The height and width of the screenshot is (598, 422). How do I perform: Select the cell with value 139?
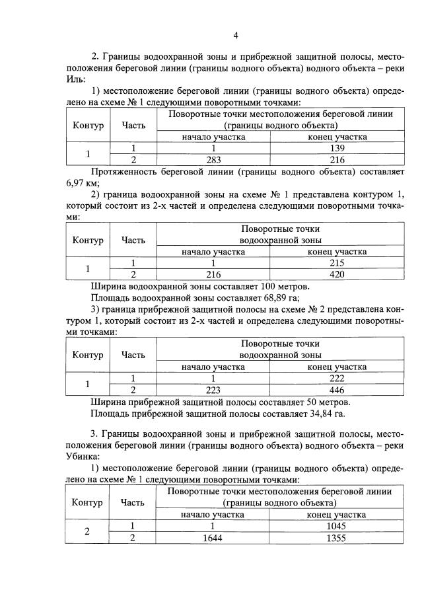coord(337,149)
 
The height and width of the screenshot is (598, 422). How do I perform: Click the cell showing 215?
coord(337,263)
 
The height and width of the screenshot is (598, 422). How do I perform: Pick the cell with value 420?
coord(337,274)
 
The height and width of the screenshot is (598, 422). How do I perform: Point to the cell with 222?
coord(337,377)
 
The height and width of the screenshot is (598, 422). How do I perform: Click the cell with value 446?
coord(337,389)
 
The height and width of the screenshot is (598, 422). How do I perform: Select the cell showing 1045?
coord(337,526)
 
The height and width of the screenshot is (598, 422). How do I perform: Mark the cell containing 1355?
coord(337,538)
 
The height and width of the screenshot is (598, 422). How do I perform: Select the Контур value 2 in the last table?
coord(88,532)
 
